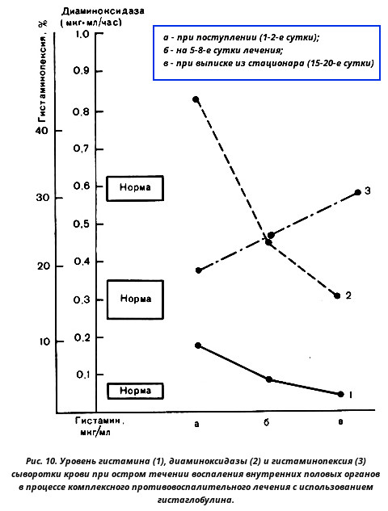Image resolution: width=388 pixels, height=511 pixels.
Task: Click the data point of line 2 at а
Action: (x=196, y=99)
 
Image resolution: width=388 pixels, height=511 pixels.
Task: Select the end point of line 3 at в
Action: (x=357, y=192)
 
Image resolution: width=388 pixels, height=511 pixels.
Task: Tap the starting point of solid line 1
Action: (x=198, y=346)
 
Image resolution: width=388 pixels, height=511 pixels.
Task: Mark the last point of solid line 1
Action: (x=341, y=394)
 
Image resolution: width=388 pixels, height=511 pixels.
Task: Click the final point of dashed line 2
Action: (x=337, y=295)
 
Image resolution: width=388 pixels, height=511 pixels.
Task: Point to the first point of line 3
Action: (x=198, y=270)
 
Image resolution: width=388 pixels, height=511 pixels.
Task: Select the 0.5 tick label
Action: (x=82, y=224)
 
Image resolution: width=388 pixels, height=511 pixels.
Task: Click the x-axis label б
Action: (x=267, y=423)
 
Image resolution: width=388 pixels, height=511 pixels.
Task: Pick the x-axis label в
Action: (x=340, y=422)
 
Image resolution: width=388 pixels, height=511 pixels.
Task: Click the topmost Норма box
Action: (x=135, y=188)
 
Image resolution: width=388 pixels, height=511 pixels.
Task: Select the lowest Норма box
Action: (x=135, y=391)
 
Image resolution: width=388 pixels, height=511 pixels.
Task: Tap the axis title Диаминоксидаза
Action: (x=103, y=11)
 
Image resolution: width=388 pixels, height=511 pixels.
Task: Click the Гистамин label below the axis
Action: (x=99, y=421)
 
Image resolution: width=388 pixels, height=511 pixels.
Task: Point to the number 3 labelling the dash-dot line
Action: (x=368, y=191)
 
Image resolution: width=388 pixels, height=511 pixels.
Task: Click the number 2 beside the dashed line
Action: (x=348, y=295)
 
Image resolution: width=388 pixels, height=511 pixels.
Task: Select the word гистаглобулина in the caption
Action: (x=196, y=500)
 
